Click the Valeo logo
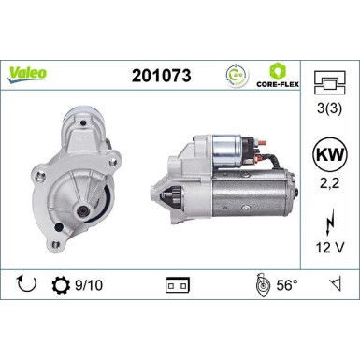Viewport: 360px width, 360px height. click(x=30, y=73)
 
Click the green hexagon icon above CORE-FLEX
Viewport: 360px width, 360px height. click(x=278, y=69)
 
